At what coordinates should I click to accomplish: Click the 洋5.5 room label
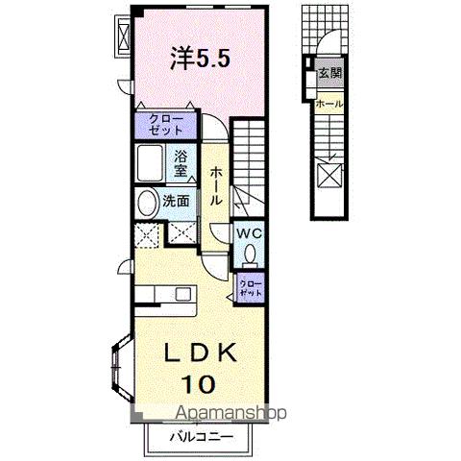[x=200, y=59]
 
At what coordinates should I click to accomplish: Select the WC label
[x=250, y=233]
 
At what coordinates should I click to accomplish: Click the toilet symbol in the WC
[x=250, y=255]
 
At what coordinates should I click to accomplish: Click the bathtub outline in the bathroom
[x=150, y=164]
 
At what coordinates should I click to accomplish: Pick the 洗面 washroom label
[x=176, y=203]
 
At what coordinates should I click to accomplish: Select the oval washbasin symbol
[x=147, y=204]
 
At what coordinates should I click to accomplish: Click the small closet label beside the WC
[x=251, y=286]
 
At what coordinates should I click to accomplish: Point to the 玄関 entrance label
[x=330, y=73]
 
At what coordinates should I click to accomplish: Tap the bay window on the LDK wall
[x=122, y=362]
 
